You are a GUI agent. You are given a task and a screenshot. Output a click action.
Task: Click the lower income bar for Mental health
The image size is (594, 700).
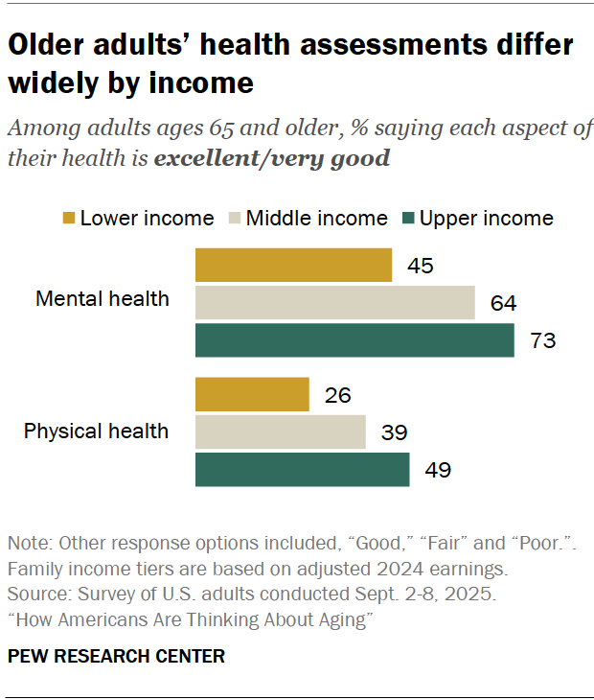(293, 266)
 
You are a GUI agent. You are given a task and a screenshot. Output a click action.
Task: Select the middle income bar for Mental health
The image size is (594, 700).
(335, 303)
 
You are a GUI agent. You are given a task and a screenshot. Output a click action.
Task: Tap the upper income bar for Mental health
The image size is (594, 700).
(354, 340)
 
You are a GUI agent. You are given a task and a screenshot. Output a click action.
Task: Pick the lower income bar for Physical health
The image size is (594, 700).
(252, 394)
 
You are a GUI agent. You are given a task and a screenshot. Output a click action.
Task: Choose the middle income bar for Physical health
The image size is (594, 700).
(281, 432)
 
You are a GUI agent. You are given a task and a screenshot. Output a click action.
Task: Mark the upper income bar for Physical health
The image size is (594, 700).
(303, 470)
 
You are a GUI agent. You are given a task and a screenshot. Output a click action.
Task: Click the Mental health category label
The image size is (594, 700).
(102, 298)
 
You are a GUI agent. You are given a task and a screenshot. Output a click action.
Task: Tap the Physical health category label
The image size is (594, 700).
(96, 431)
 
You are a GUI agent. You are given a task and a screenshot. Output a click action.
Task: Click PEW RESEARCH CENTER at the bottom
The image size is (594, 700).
(117, 657)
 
